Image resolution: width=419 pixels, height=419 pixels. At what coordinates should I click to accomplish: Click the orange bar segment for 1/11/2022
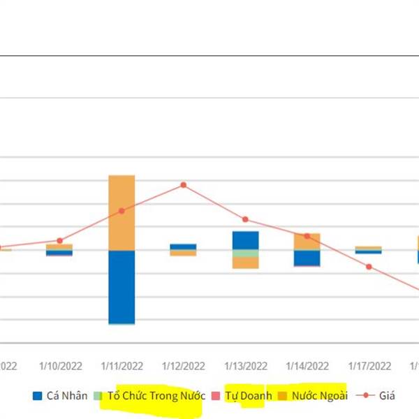(x=122, y=212)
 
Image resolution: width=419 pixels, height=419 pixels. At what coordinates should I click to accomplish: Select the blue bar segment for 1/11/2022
(x=122, y=286)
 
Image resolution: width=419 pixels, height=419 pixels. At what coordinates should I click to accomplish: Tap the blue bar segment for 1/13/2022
(x=245, y=240)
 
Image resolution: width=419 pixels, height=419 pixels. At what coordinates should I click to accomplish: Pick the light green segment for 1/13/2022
(x=245, y=253)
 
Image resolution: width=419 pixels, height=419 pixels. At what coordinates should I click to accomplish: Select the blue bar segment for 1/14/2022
(x=307, y=258)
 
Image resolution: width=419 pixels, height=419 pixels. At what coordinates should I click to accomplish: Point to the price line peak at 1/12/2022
(x=184, y=185)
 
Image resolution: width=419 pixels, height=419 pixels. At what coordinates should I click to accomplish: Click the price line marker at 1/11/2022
(x=122, y=211)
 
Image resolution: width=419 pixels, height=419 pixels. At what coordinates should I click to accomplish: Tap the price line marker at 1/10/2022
(x=60, y=240)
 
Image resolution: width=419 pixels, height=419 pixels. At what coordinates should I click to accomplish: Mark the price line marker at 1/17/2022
(x=369, y=267)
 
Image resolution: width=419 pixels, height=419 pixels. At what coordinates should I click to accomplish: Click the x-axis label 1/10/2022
(x=60, y=365)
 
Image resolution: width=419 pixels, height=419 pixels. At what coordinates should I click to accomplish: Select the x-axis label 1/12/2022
(x=184, y=365)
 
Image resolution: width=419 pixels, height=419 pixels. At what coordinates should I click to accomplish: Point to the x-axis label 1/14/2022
(x=307, y=365)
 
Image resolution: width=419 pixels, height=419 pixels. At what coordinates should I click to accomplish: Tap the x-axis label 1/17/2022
(x=369, y=365)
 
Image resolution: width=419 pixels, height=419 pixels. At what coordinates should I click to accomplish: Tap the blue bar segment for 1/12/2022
(x=184, y=247)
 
